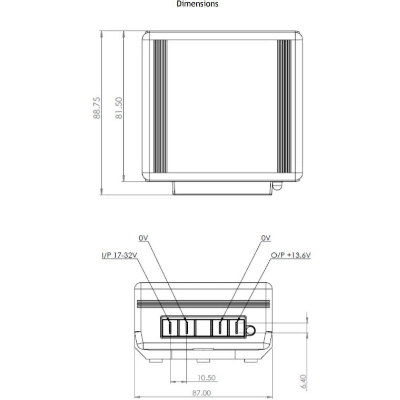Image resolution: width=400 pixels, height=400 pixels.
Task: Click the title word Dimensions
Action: tap(197, 4)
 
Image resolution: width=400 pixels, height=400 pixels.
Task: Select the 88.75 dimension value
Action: tap(97, 107)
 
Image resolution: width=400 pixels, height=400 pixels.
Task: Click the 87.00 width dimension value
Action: tap(202, 393)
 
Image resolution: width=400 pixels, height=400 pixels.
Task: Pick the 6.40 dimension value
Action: tap(304, 382)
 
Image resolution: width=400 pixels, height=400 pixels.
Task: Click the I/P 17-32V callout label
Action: tap(119, 255)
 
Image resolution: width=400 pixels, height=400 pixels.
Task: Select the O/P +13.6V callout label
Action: tap(291, 255)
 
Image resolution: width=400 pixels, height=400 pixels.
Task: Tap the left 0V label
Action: tap(144, 238)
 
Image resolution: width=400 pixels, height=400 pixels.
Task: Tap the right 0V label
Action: tap(266, 238)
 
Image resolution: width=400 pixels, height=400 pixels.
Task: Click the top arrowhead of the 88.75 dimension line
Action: tap(101, 34)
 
